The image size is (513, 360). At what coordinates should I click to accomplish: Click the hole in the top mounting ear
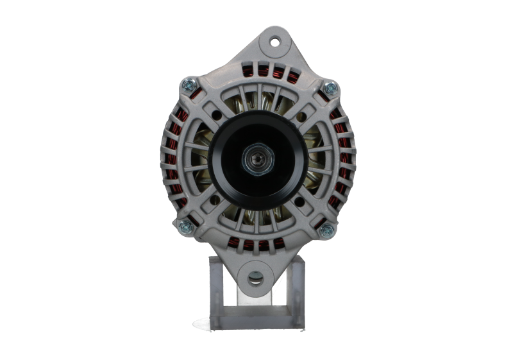click(x=275, y=42)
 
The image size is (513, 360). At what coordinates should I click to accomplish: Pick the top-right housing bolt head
click(x=330, y=87)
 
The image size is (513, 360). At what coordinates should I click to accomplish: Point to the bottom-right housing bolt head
click(x=326, y=230)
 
